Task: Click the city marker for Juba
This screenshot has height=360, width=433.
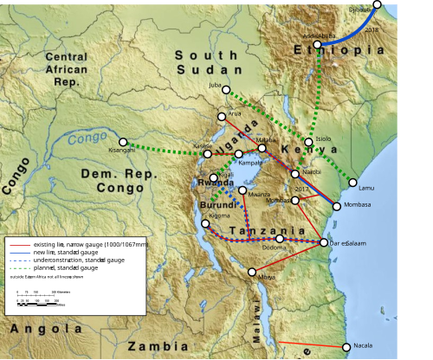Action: click(x=225, y=89)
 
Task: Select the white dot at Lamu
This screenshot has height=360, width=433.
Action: click(x=353, y=182)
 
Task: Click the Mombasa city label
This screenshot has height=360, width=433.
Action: click(x=357, y=204)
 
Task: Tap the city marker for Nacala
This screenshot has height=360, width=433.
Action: click(x=347, y=346)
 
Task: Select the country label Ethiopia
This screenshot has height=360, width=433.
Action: click(x=351, y=50)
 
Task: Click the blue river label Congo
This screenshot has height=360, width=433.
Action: click(x=87, y=137)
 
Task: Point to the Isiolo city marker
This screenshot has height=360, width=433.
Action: click(x=308, y=142)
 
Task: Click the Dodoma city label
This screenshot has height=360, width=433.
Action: click(x=274, y=248)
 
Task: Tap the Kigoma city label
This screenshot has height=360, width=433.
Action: click(x=220, y=215)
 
